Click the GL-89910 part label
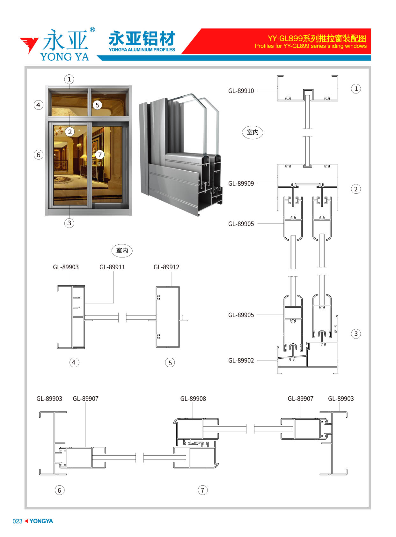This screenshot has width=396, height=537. (241, 91)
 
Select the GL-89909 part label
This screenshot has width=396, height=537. (241, 183)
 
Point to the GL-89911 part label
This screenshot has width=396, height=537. (112, 267)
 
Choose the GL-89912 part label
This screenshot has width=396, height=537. (166, 267)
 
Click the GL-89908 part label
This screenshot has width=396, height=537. (193, 398)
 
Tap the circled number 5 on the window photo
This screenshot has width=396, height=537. (97, 105)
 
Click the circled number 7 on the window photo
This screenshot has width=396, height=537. (100, 154)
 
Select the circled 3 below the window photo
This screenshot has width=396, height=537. (69, 223)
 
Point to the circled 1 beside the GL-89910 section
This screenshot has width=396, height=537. (356, 89)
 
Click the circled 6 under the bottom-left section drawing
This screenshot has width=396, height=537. (60, 490)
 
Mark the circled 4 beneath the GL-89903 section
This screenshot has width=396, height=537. (74, 362)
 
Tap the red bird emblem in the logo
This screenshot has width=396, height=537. (29, 44)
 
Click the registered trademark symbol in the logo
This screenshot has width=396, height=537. (92, 30)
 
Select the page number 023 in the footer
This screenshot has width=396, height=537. (18, 521)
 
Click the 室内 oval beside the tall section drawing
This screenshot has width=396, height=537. (252, 132)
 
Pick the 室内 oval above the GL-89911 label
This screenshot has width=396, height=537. (122, 250)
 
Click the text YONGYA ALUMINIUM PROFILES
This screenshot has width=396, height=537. (142, 50)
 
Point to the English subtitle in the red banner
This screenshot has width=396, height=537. (310, 46)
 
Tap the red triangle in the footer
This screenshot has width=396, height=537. (26, 521)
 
